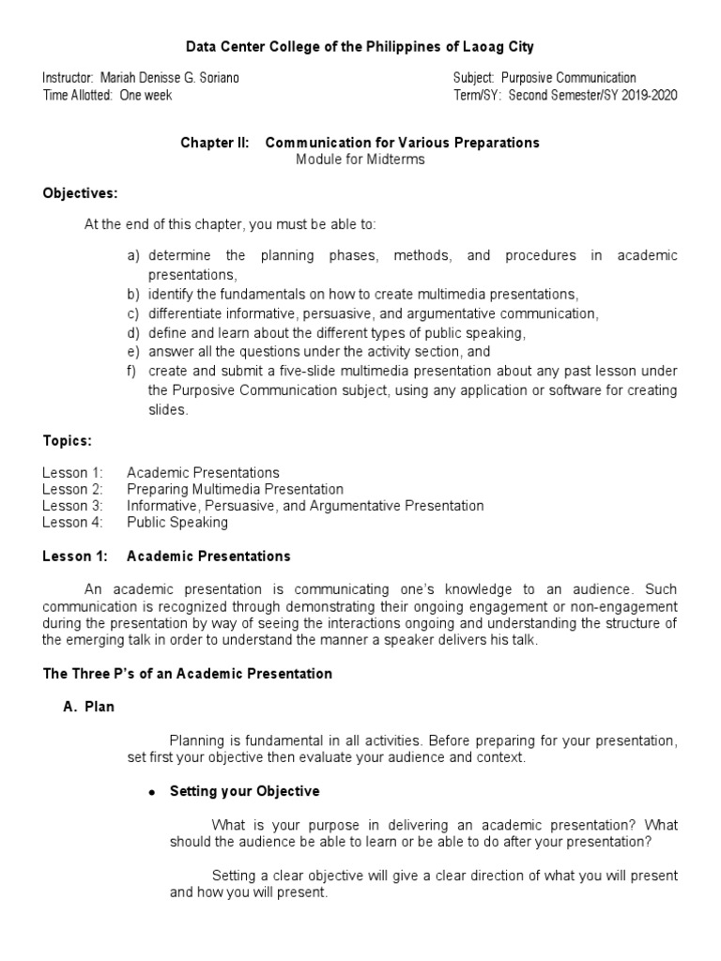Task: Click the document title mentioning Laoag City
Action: click(360, 46)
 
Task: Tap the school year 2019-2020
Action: click(648, 95)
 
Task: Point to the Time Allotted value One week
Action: click(146, 95)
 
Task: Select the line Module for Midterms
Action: click(360, 159)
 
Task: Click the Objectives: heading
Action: click(80, 193)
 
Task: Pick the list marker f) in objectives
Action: click(133, 371)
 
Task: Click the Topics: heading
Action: click(67, 440)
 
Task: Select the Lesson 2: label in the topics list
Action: click(72, 489)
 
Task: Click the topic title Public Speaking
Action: click(177, 522)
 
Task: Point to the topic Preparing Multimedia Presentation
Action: click(235, 489)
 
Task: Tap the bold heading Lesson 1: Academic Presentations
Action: click(166, 556)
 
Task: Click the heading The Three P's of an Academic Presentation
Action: click(187, 673)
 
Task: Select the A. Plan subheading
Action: click(88, 707)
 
